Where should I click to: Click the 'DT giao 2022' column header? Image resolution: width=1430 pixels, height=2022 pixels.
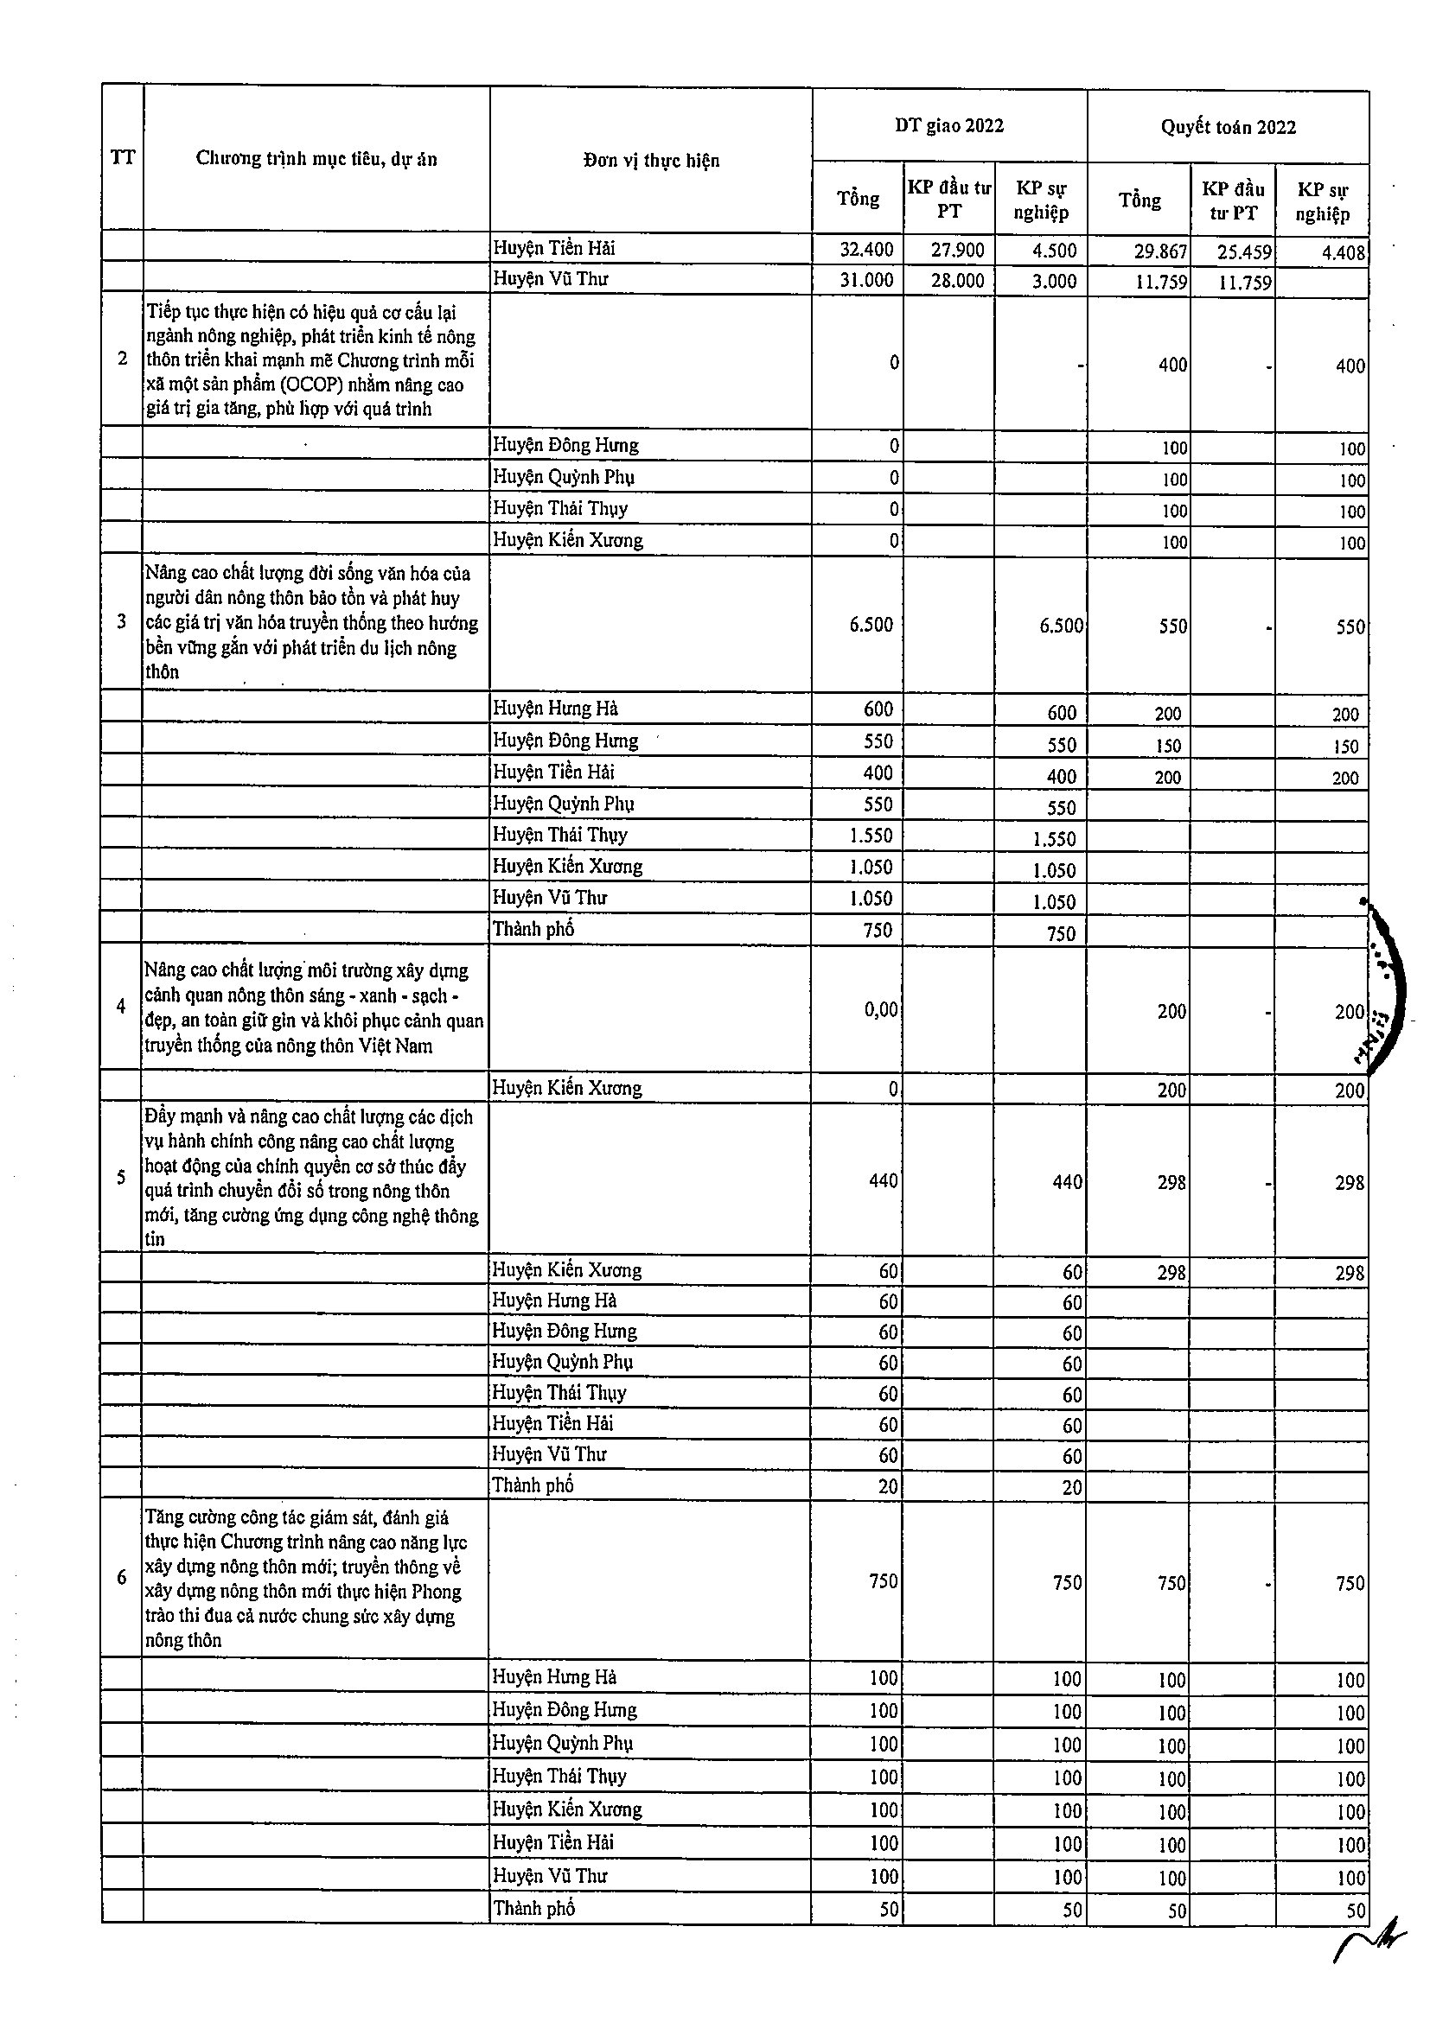pyautogui.click(x=949, y=126)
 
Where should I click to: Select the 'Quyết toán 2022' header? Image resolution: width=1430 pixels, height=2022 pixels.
pyautogui.click(x=1228, y=128)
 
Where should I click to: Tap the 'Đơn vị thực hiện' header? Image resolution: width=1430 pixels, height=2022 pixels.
pyautogui.click(x=651, y=160)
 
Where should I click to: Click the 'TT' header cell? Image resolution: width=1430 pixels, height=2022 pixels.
pyautogui.click(x=123, y=157)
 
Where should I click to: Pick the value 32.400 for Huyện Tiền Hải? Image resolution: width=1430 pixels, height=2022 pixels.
pyautogui.click(x=866, y=249)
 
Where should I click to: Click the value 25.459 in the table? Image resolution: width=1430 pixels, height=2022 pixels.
pyautogui.click(x=1244, y=252)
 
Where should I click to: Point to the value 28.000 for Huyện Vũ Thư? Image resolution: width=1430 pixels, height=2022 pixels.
pyautogui.click(x=957, y=281)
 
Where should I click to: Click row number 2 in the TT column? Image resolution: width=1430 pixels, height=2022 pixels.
pyautogui.click(x=123, y=359)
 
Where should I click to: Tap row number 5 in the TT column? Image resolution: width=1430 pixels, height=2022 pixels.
pyautogui.click(x=122, y=1178)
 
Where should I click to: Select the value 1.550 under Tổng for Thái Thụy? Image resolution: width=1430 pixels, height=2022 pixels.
pyautogui.click(x=871, y=835)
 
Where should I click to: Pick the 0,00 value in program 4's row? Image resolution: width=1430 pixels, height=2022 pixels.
pyautogui.click(x=880, y=1009)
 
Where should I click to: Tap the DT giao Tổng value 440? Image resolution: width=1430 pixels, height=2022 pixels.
pyautogui.click(x=883, y=1180)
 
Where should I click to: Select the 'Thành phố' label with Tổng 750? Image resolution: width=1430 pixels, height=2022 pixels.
pyautogui.click(x=533, y=929)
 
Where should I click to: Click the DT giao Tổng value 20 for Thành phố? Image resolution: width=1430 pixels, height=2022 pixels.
pyautogui.click(x=887, y=1486)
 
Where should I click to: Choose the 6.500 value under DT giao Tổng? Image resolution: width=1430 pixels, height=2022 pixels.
pyautogui.click(x=871, y=625)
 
